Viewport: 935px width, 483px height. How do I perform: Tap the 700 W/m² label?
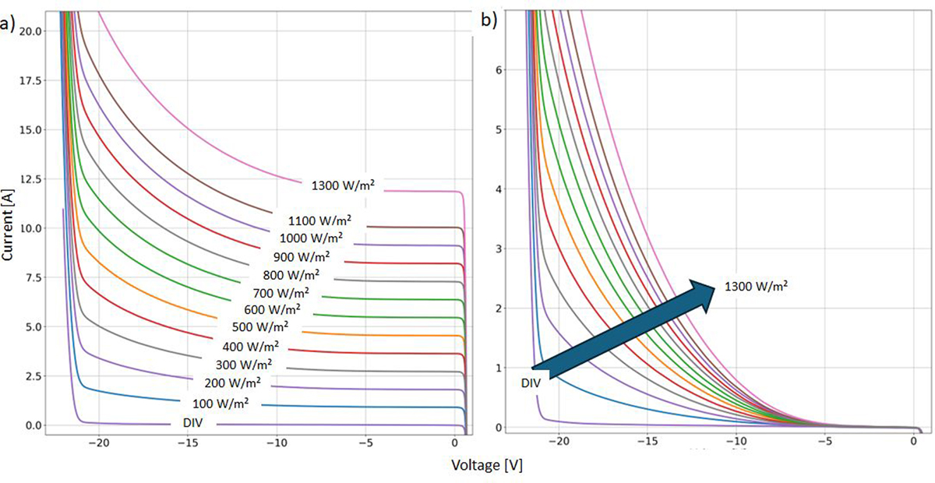pyautogui.click(x=281, y=293)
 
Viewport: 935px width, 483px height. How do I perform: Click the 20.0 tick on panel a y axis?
pyautogui.click(x=30, y=30)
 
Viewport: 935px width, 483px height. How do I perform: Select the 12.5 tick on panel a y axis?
pyautogui.click(x=30, y=178)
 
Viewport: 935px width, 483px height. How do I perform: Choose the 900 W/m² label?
pyautogui.click(x=302, y=256)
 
